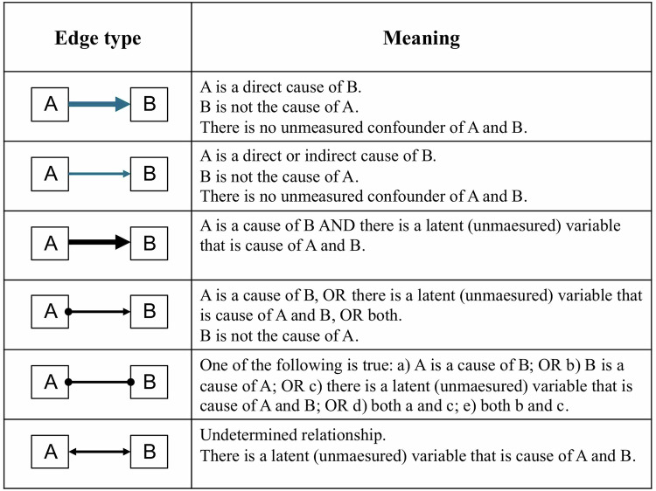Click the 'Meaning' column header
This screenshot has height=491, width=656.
coord(422,38)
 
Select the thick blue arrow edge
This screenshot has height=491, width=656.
coord(99,105)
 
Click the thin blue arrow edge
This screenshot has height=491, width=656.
coord(99,174)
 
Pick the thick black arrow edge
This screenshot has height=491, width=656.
coord(99,243)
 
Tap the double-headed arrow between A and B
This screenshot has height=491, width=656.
coord(99,452)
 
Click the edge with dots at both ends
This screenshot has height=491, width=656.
coord(99,382)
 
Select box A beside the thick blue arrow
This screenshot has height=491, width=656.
coord(50,105)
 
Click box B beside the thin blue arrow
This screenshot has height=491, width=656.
coord(149,174)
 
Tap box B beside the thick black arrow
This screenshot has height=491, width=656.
coord(149,243)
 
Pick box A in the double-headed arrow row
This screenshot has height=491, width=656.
coord(50,452)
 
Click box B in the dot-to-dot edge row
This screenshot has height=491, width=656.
coord(149,382)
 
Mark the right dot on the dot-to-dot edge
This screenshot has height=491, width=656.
coord(130,382)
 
